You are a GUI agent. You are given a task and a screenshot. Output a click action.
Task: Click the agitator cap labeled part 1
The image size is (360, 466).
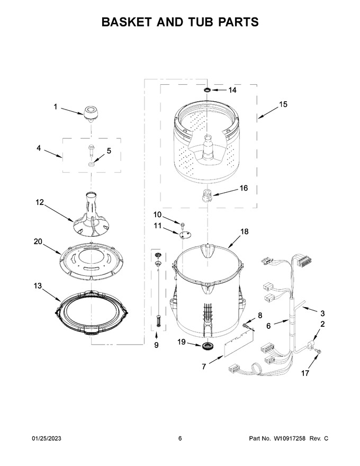tap(91, 114)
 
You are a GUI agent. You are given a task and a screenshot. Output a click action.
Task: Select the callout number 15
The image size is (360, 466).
tap(283, 104)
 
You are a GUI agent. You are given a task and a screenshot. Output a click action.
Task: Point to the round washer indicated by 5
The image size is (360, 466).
tap(92, 164)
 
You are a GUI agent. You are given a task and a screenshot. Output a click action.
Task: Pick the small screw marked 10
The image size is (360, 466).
tap(181, 223)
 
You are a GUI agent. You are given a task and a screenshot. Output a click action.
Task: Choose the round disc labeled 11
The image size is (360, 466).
tap(185, 235)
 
